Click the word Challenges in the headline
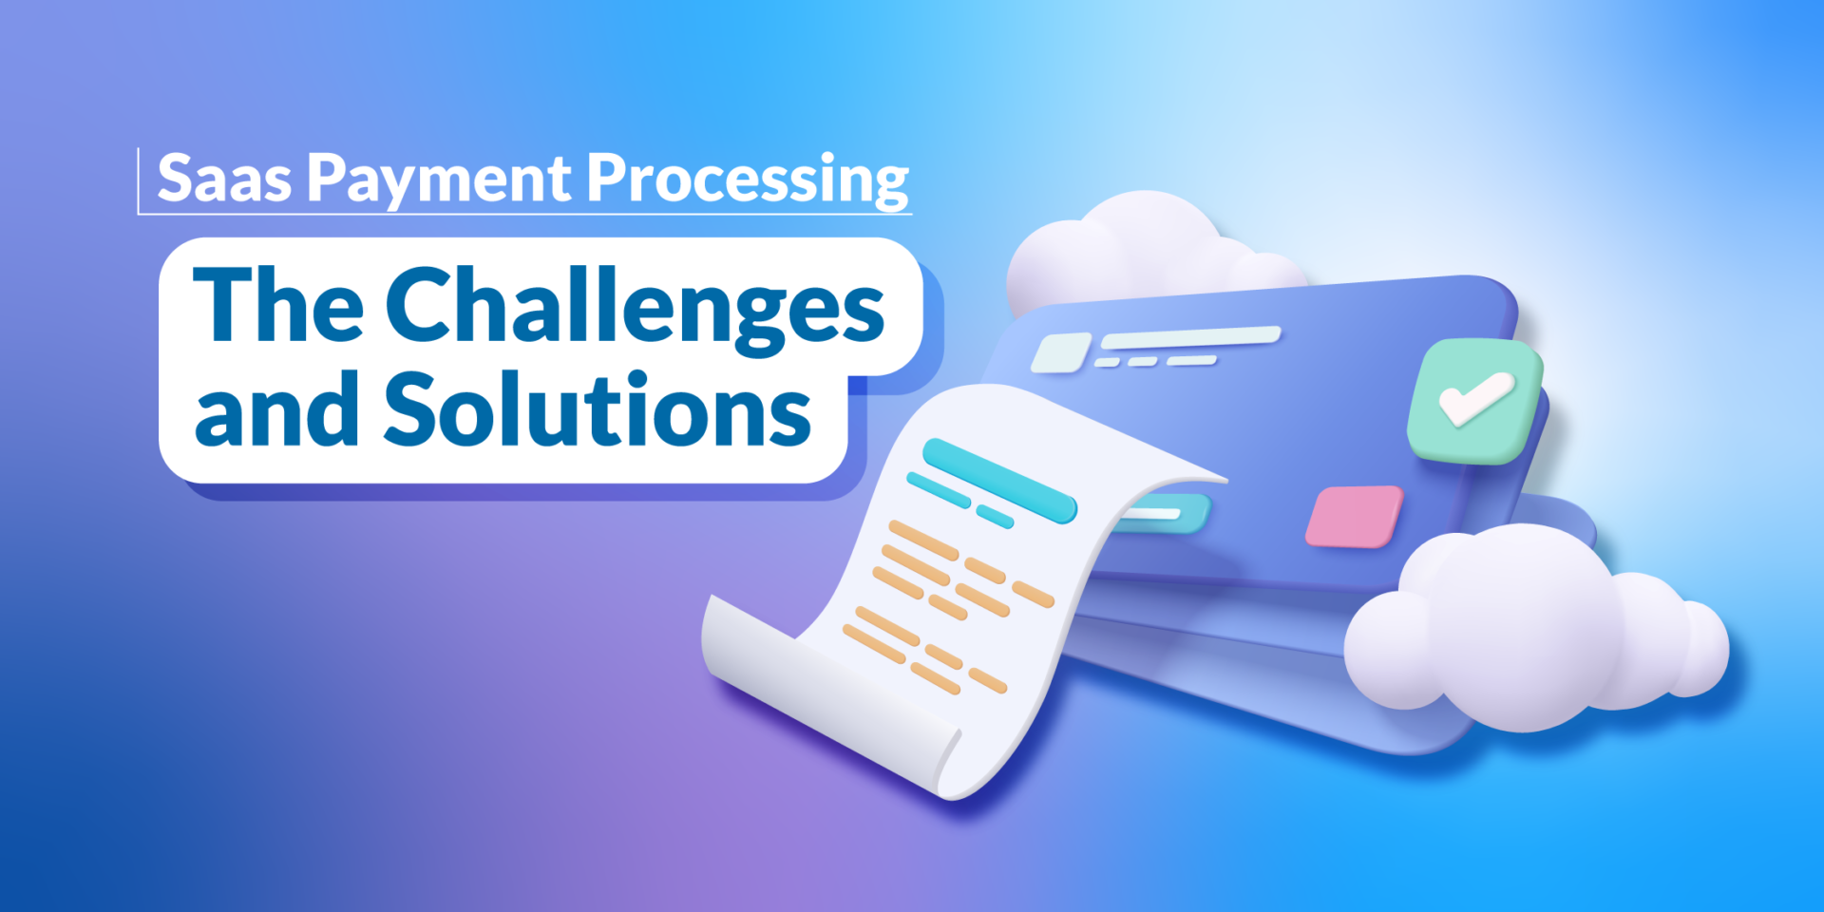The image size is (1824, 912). pos(635,307)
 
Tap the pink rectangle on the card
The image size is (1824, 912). pos(1354,517)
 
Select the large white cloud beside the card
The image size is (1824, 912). pos(1535,627)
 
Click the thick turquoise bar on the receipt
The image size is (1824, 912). pos(999,481)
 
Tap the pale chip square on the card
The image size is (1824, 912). pos(1060,352)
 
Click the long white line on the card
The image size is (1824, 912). pos(1191,336)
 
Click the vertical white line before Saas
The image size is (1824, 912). pos(139,180)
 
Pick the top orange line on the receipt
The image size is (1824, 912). pos(923,541)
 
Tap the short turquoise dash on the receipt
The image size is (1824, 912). pos(995,517)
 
